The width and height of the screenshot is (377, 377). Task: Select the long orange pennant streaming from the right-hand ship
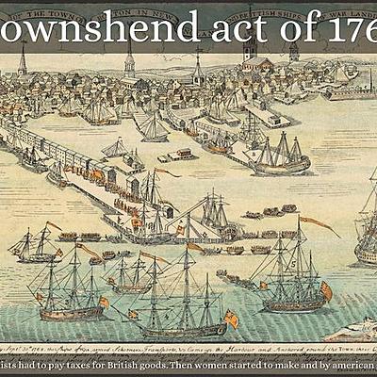point(320,225)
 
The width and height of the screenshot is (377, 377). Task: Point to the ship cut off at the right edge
point(367,226)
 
